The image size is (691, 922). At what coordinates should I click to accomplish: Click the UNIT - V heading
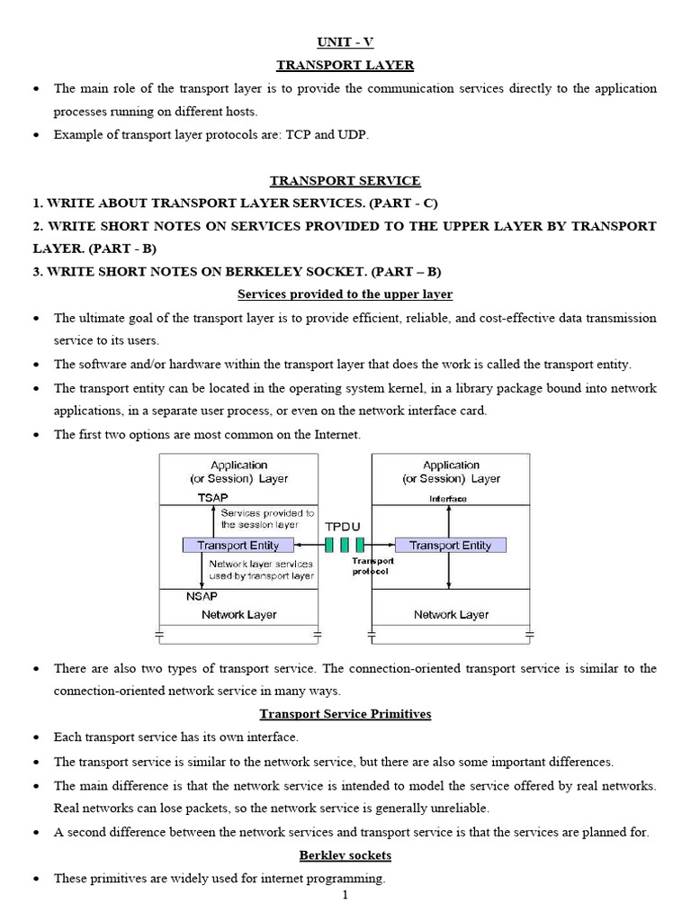[345, 42]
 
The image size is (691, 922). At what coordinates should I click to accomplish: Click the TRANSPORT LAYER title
[345, 65]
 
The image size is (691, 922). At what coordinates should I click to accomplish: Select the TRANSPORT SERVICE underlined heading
[345, 181]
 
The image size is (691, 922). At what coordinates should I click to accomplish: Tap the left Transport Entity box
[238, 545]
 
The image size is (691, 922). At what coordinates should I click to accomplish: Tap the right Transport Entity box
[450, 545]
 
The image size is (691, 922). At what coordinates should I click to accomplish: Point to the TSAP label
[212, 498]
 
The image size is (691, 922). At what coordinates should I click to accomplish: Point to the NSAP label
[202, 595]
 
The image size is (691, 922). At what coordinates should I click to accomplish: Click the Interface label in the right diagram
[448, 498]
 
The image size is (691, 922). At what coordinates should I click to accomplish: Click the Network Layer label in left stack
[238, 615]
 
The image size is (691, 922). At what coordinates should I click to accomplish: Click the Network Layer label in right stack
[451, 615]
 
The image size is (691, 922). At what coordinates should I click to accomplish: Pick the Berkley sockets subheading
[345, 854]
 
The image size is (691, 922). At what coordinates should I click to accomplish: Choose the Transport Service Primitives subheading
[345, 714]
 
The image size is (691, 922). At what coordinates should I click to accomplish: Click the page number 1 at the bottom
[345, 895]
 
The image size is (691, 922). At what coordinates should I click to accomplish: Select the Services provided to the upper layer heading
[345, 294]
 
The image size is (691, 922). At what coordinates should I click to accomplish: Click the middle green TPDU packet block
[345, 545]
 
